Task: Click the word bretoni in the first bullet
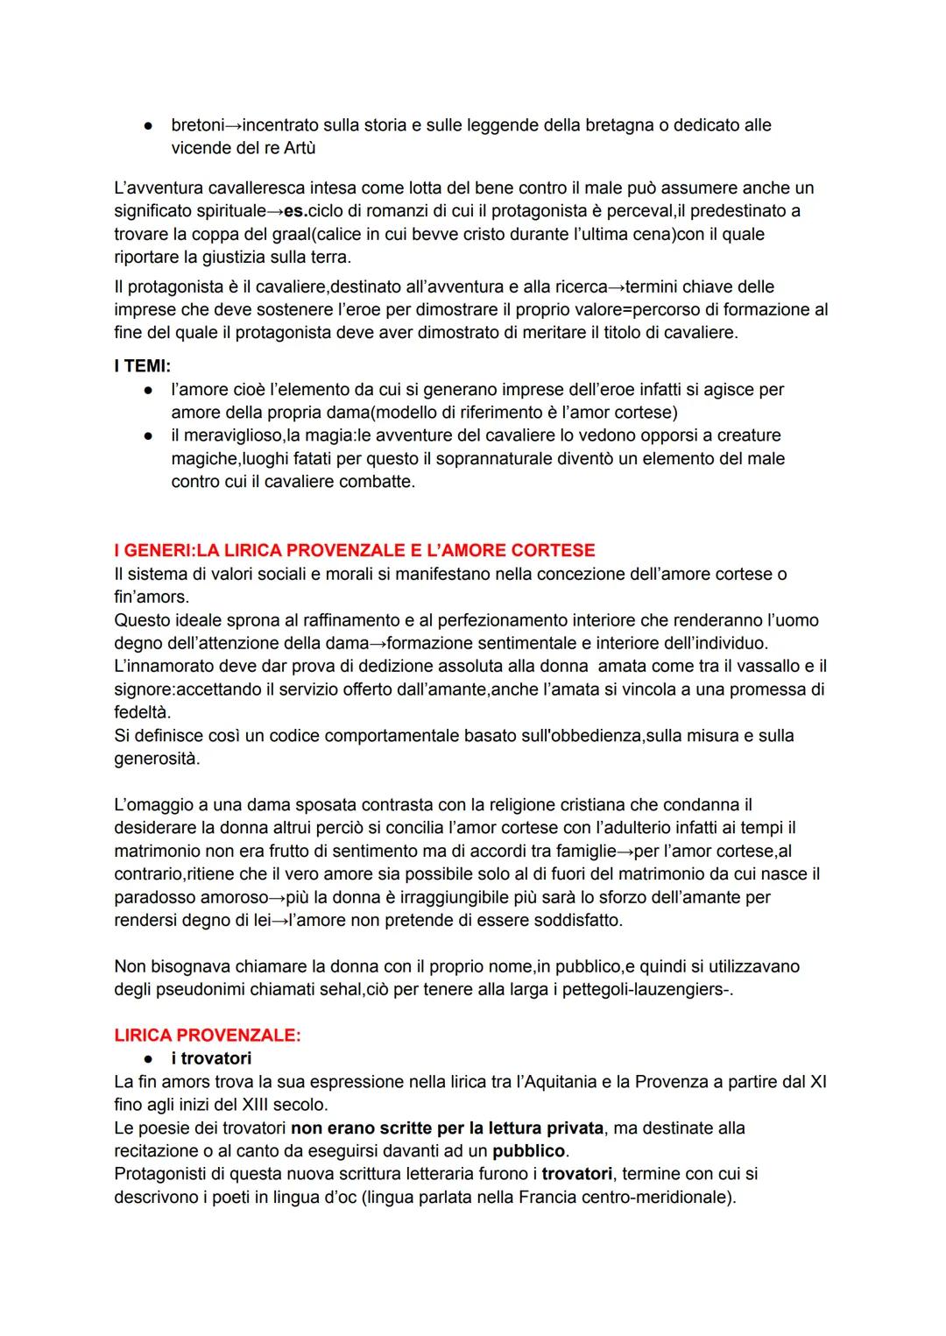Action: (x=198, y=125)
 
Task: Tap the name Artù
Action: (x=300, y=148)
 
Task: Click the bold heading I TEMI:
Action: (x=142, y=366)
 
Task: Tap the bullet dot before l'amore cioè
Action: (x=150, y=390)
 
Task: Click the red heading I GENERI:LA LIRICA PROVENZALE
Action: (x=354, y=550)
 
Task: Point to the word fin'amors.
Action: (x=151, y=597)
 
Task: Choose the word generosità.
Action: (x=156, y=759)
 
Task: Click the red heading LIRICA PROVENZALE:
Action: (x=208, y=1035)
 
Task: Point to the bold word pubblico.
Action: (x=529, y=1150)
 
